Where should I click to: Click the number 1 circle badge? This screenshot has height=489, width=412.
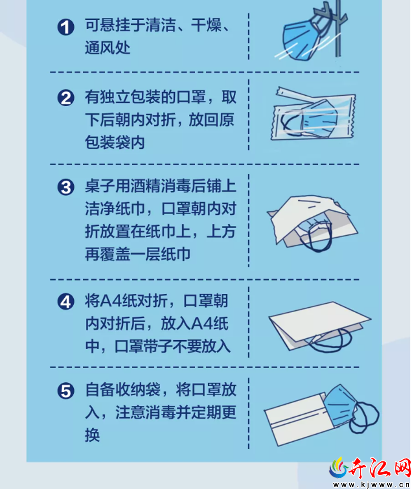[66, 27]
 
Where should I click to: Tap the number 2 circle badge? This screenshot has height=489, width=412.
[66, 98]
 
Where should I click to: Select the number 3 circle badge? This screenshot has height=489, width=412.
[66, 187]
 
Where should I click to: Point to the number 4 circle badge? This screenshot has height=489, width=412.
[66, 302]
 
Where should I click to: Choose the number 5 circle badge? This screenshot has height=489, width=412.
[66, 391]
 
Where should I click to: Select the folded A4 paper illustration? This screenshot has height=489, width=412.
[320, 326]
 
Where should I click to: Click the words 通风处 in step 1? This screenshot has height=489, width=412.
[107, 48]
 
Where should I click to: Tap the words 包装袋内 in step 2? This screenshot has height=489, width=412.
[115, 143]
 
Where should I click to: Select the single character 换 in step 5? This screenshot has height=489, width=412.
[92, 435]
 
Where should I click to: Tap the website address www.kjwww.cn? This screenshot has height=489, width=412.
[371, 484]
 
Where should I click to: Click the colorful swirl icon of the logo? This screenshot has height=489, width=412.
[339, 468]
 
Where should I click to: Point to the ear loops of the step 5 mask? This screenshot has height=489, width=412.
[364, 417]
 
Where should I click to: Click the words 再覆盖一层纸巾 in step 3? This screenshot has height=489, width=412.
[138, 254]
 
